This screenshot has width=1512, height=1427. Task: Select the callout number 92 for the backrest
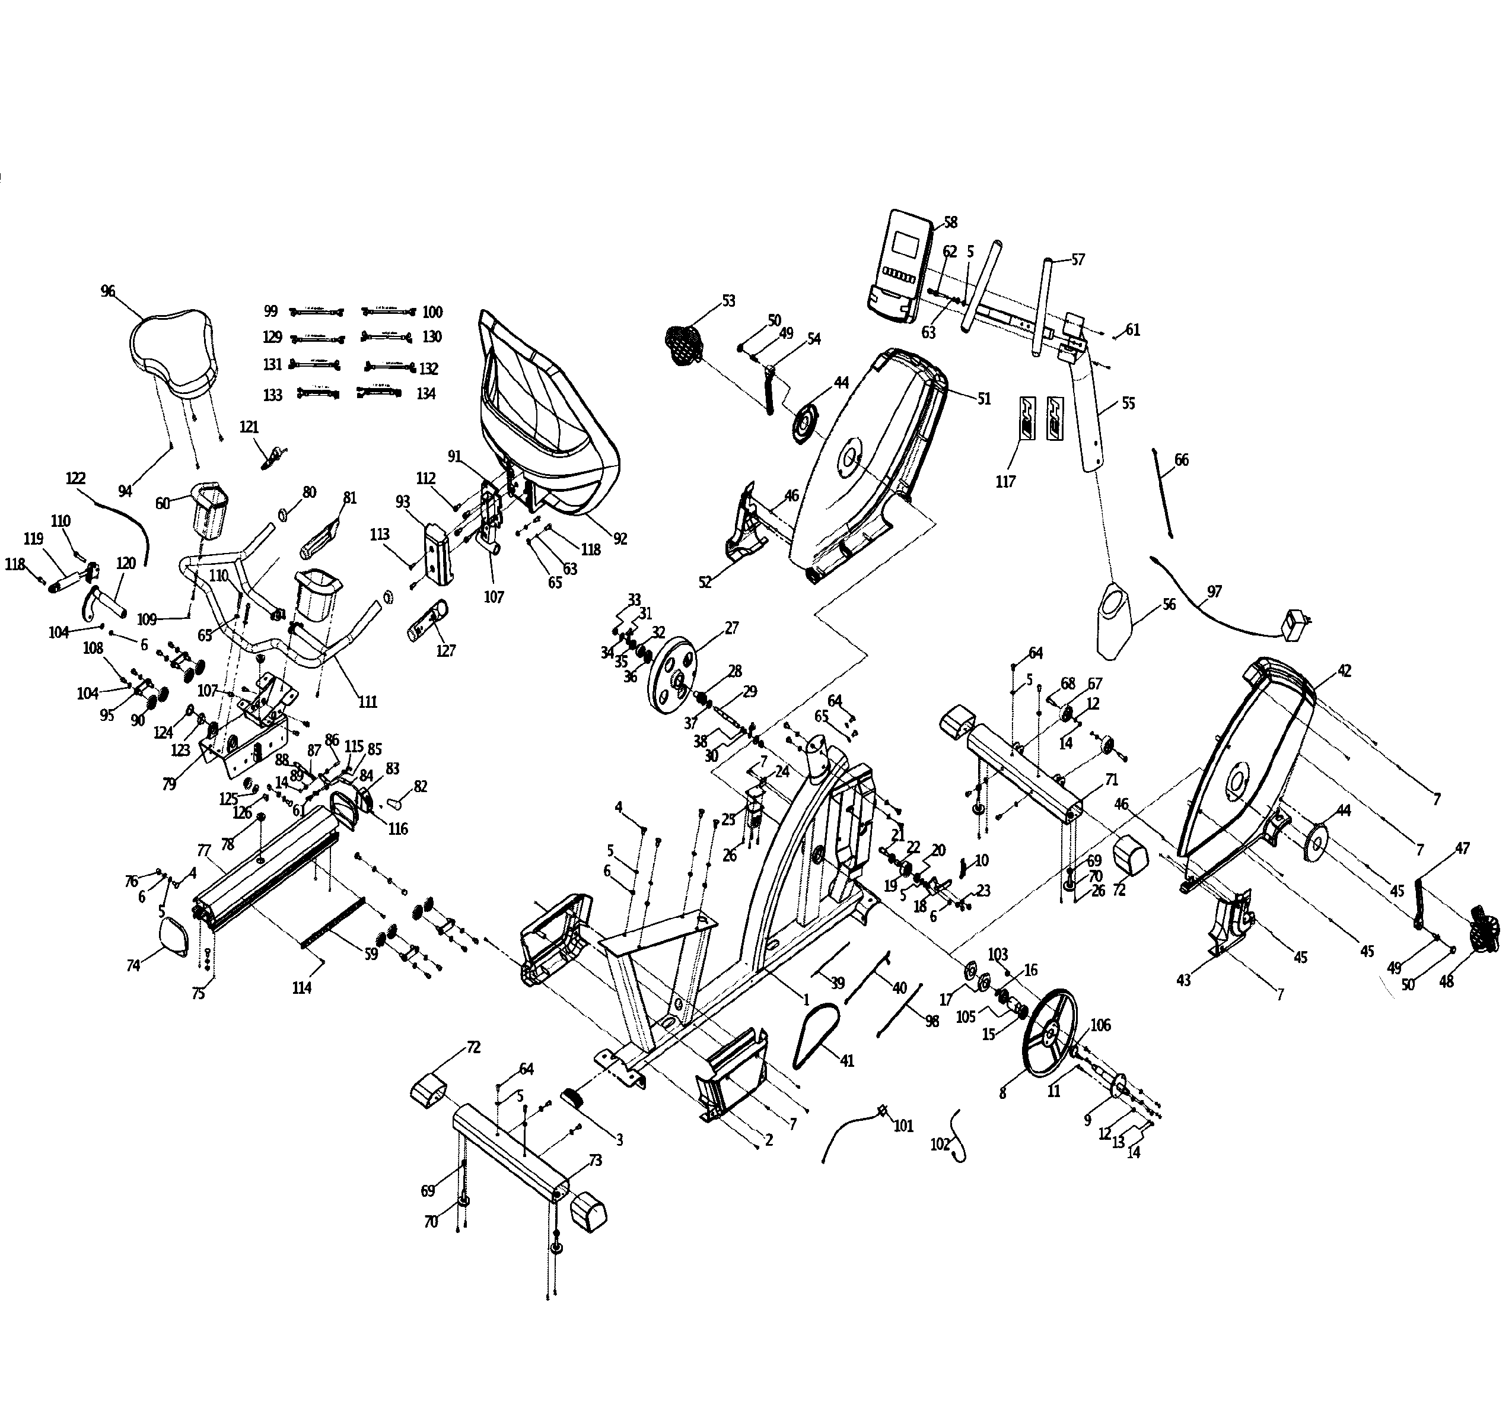coord(620,539)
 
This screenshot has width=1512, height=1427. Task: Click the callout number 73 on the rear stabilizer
coord(595,1160)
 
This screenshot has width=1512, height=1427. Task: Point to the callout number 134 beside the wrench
coord(426,394)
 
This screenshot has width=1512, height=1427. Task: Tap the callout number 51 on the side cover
coord(983,399)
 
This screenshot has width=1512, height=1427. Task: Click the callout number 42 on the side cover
coord(1344,671)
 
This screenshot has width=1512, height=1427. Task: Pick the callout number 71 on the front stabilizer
coord(1111,780)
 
